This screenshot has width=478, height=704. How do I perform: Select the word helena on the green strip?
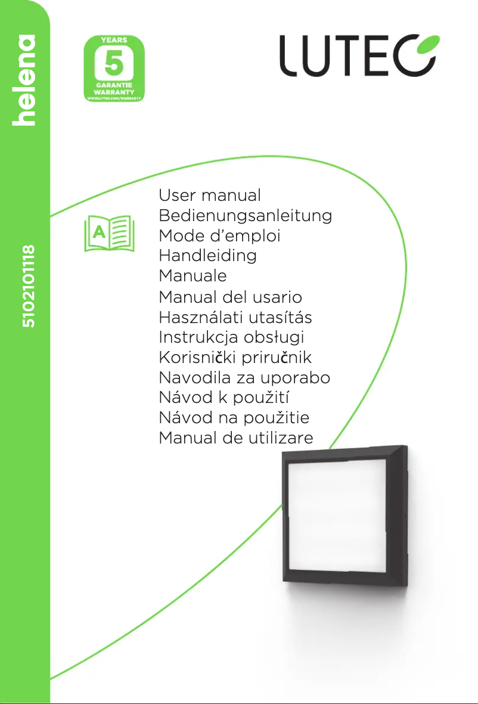point(27,80)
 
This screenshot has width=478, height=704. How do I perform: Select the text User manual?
point(210,196)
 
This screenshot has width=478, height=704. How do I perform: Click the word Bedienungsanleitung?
point(245,216)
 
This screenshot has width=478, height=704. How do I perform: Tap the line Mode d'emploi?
point(219,236)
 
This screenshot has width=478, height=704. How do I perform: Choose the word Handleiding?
point(207,256)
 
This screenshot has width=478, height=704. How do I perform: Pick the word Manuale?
point(193,276)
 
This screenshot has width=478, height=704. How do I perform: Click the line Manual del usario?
point(230,297)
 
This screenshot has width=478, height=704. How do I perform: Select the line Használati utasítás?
point(235,317)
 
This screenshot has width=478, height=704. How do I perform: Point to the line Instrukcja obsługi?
point(231,337)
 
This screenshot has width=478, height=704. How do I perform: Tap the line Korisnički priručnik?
point(235,358)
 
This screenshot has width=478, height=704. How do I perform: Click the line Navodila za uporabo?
point(244,378)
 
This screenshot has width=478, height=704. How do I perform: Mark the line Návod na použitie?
point(234,418)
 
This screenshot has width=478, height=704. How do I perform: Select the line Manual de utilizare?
point(235,439)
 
